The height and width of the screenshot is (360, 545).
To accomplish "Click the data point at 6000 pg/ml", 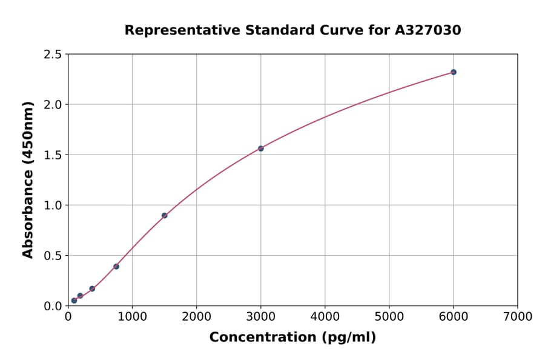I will click(453, 72).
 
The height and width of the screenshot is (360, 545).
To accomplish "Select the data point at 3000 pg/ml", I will click(261, 148).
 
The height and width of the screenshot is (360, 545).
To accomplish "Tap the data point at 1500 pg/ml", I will click(164, 216).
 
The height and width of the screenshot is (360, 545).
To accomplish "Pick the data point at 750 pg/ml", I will click(116, 267).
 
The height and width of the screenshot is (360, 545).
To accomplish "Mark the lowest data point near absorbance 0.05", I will click(74, 301).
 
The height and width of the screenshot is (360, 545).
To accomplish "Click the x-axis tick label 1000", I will click(132, 316).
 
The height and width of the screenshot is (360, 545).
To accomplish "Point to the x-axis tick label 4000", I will click(325, 316).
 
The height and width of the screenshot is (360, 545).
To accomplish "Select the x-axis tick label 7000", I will click(517, 316).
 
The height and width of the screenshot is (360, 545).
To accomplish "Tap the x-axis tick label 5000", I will click(389, 316).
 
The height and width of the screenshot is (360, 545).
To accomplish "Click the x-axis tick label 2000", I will click(196, 316).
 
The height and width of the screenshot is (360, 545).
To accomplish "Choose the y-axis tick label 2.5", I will click(53, 55).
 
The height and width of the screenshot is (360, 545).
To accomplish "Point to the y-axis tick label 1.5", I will click(53, 155).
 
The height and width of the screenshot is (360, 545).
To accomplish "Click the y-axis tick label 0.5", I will click(53, 256).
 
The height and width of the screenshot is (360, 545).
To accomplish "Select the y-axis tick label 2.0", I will click(53, 105).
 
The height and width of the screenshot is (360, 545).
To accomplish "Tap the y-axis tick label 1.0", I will click(53, 205).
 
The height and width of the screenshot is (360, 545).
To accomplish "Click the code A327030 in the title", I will click(428, 30).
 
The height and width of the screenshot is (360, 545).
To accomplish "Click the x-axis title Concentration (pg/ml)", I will click(292, 338).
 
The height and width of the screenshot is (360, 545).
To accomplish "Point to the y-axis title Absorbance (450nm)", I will click(28, 179).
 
